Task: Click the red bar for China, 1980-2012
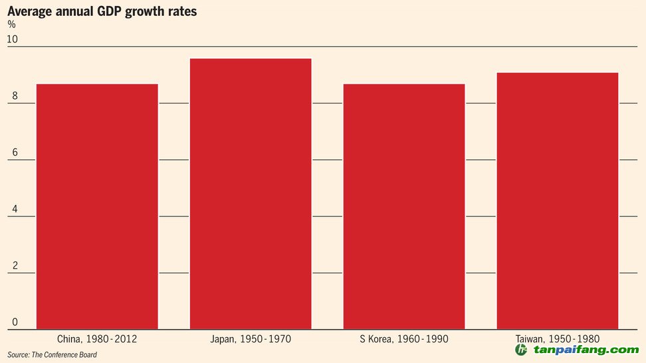97,206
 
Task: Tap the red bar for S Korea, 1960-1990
404,206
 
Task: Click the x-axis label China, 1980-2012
97,339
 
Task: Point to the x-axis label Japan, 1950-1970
251,339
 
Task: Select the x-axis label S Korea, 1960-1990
404,339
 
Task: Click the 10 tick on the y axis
12,39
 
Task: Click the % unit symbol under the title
11,25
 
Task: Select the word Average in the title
29,11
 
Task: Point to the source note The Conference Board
53,355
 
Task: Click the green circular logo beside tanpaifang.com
522,350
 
